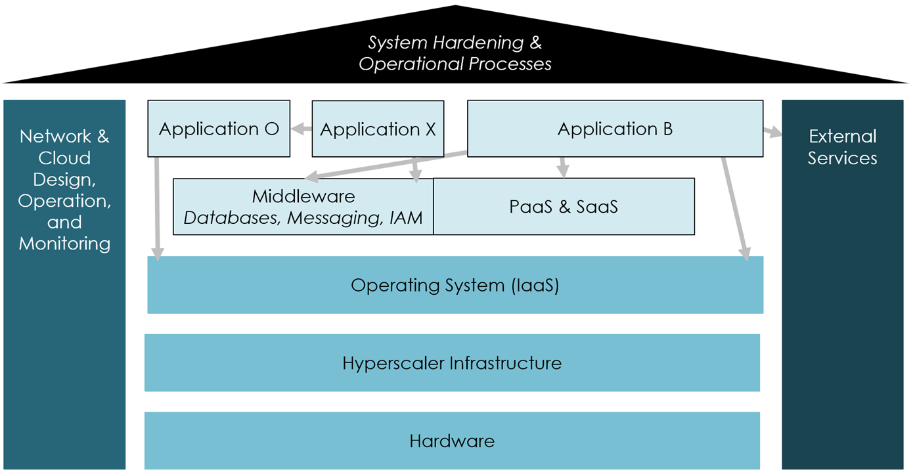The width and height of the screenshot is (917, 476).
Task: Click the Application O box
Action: pos(219,129)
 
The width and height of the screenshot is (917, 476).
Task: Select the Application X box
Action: pos(378,129)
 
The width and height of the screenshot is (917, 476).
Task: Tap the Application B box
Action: pos(615,129)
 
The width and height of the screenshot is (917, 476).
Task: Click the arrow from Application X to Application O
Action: pos(302,129)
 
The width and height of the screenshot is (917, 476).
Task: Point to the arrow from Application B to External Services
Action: pos(772,133)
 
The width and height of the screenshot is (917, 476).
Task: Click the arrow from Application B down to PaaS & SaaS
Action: pos(562,167)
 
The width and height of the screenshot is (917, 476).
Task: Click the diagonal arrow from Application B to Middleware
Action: pos(388,165)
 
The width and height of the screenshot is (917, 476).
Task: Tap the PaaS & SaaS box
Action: pos(564,207)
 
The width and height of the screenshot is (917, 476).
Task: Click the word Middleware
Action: pos(303,196)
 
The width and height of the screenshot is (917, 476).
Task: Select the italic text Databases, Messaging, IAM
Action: pos(303,218)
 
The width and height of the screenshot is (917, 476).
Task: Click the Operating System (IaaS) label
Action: pos(455,286)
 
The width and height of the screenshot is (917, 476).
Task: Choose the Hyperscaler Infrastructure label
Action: pos(452,363)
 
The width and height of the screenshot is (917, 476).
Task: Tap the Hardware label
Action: pos(452,441)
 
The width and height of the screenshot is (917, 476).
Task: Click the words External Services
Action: pos(842,147)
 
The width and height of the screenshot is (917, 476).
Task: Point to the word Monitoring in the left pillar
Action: pos(64,244)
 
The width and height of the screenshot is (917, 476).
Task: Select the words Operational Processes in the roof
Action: pos(455,64)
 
